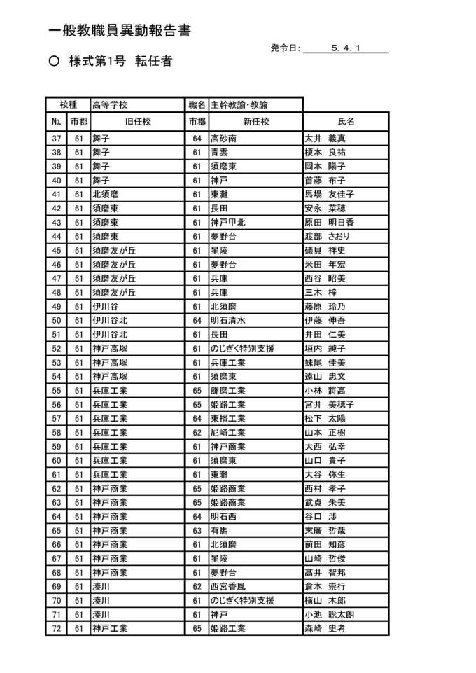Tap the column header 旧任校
[138, 121]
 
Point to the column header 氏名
[346, 121]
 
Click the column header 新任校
[255, 121]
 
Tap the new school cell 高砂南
[224, 139]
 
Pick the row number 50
[57, 321]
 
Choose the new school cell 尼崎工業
[228, 433]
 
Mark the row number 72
[57, 629]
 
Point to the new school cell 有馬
[219, 531]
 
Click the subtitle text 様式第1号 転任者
[120, 62]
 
